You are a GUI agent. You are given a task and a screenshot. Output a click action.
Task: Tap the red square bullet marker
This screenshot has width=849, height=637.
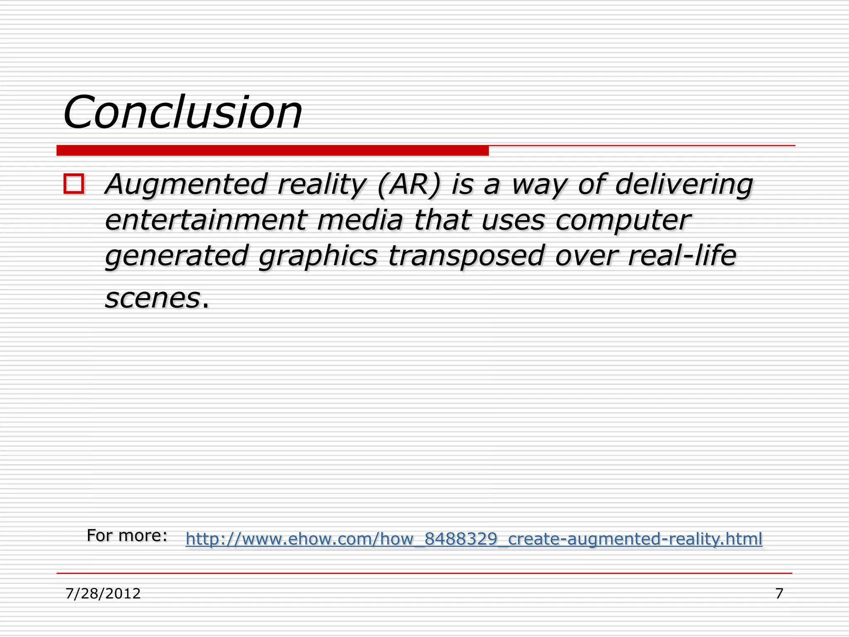tap(74, 184)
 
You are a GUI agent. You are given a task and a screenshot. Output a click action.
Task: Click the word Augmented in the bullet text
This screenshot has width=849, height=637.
tap(186, 185)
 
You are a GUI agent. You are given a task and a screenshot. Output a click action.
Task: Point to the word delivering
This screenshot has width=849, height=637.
tap(684, 185)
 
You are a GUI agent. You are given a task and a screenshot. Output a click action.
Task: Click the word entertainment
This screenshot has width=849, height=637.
tap(206, 220)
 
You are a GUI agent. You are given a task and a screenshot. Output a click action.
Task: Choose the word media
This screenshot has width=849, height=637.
tap(360, 220)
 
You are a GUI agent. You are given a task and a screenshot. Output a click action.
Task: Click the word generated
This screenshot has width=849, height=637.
tap(177, 256)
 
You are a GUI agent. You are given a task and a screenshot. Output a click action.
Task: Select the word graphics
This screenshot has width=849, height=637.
tap(318, 256)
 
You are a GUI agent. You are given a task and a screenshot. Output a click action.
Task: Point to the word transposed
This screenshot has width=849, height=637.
tap(466, 256)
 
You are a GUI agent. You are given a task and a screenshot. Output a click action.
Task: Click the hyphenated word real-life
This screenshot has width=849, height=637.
tap(682, 255)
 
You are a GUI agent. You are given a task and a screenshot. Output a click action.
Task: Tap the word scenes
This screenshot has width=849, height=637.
tap(153, 298)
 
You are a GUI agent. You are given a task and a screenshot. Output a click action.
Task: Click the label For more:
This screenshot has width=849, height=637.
tap(127, 536)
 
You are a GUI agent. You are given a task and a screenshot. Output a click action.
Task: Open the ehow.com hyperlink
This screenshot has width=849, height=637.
tap(474, 539)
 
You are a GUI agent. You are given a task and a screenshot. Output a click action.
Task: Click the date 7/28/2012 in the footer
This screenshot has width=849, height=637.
tap(103, 594)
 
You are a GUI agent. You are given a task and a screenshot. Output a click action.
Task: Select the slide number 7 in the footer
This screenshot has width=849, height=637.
tap(779, 594)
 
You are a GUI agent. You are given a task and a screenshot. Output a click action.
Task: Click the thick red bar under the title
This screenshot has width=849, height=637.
tap(272, 151)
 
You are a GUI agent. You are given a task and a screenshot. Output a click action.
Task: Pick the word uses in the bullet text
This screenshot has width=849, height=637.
tap(513, 220)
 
